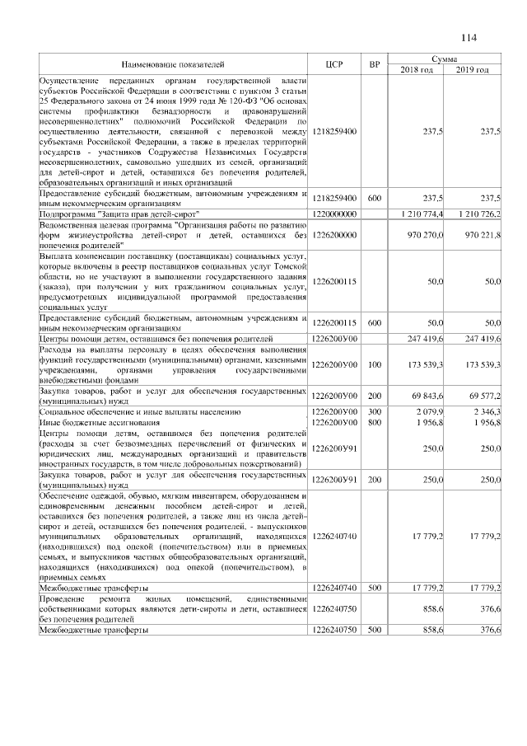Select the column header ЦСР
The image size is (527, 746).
(x=333, y=64)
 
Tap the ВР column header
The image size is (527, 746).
(x=375, y=64)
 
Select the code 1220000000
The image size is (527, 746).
(x=333, y=214)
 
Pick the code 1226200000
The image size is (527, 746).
(x=333, y=236)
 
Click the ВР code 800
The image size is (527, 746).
(x=375, y=420)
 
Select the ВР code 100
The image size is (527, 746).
(x=375, y=364)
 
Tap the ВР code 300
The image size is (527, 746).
(x=375, y=410)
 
